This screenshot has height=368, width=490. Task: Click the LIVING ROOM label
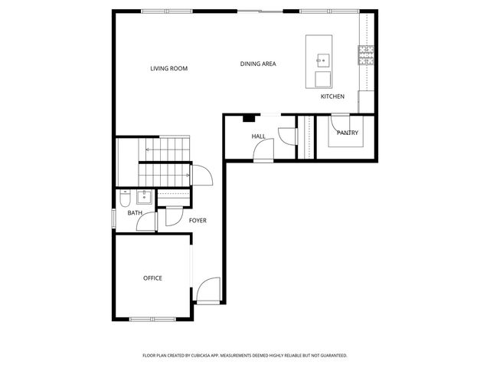[x=168, y=69]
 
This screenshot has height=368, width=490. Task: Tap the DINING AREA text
[x=257, y=64]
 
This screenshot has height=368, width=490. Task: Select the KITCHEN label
[x=332, y=97]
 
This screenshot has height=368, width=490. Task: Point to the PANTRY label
[x=347, y=133]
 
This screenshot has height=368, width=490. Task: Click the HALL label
[x=258, y=136]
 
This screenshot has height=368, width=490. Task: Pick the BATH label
[x=134, y=213]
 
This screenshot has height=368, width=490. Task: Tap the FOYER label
[x=198, y=221]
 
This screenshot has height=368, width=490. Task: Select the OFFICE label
[x=152, y=278]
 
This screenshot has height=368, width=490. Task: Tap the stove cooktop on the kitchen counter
[x=364, y=54]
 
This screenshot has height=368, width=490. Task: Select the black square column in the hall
[x=248, y=118]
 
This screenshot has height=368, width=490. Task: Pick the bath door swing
[x=144, y=222]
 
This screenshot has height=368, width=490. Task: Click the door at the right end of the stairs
[x=202, y=176]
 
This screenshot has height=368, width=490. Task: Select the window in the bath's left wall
[x=114, y=218]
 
